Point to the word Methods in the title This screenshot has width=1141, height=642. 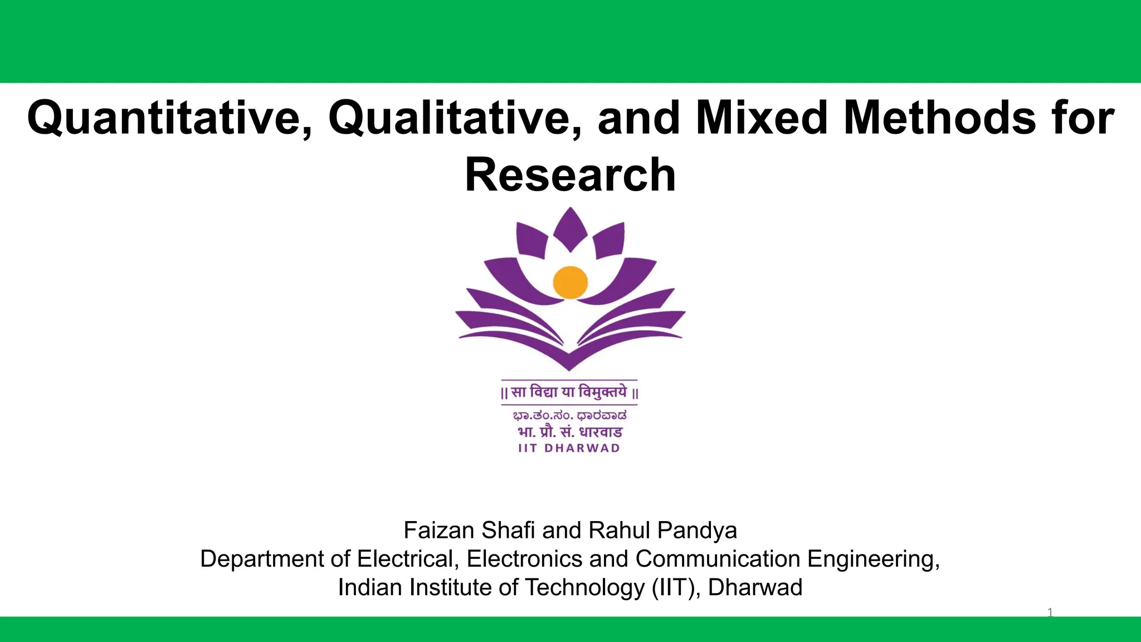click(939, 118)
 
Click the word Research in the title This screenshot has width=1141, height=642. click(570, 175)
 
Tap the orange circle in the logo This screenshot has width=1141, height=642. click(570, 283)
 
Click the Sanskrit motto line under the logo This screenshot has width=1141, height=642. click(569, 392)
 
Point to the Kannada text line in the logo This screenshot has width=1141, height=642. click(569, 415)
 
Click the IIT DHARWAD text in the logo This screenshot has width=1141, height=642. click(569, 448)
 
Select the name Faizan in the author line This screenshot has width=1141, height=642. click(440, 531)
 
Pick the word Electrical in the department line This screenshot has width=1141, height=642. click(408, 559)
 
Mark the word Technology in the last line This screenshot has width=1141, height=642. click(584, 587)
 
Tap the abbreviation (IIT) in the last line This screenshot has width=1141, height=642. click(676, 587)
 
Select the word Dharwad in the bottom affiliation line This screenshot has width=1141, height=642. click(755, 587)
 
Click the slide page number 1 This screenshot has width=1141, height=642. click(1050, 613)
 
